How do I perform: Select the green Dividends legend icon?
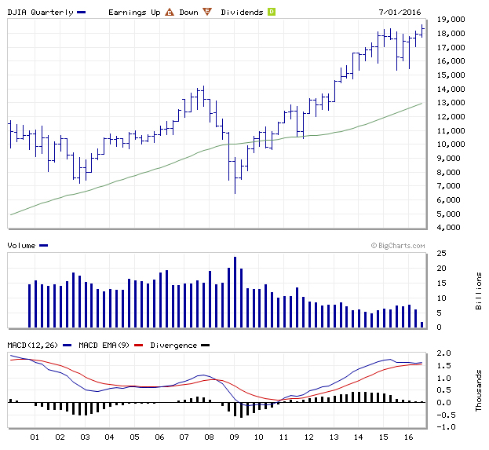[271, 12]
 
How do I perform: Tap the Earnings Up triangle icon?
[169, 12]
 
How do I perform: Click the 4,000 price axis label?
[451, 228]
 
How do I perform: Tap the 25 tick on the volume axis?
[442, 253]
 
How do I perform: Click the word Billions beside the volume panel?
[478, 291]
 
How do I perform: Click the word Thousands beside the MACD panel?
[478, 390]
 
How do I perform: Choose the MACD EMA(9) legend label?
[107, 345]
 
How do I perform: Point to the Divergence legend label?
[173, 345]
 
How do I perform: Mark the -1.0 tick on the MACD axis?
[443, 427]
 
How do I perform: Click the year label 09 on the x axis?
[234, 437]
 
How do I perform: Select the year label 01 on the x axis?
[35, 437]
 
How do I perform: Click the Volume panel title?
[22, 245]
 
